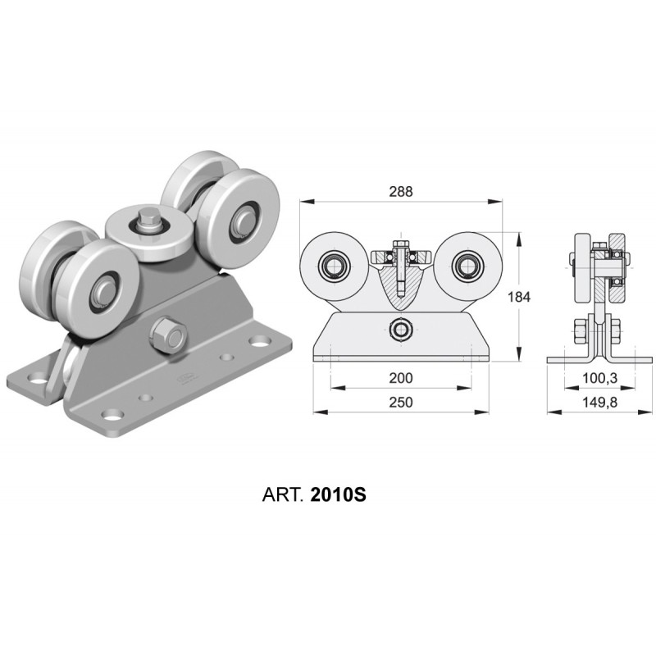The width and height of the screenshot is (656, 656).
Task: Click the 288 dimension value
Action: [x=401, y=191]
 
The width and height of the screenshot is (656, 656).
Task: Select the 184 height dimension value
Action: [x=519, y=297]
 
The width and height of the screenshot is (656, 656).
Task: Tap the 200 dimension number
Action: [x=401, y=378]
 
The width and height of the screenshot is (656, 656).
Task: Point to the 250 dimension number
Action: [x=401, y=402]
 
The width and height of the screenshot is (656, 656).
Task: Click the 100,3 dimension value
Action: [x=600, y=378]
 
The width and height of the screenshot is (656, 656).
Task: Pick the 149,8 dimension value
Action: [x=600, y=402]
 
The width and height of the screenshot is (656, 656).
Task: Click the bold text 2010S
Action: [x=339, y=495]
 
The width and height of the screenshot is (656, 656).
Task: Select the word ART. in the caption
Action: [x=282, y=495]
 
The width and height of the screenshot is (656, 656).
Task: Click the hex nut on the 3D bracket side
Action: [x=167, y=335]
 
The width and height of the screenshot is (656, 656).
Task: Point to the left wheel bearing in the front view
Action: [x=334, y=265]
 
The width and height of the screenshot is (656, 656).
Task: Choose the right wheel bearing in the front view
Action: [x=468, y=265]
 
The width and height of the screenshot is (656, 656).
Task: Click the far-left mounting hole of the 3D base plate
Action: [x=38, y=379]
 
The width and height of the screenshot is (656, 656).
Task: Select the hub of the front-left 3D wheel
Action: [x=102, y=289]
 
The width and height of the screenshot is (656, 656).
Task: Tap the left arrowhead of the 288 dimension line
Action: [x=307, y=201]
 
